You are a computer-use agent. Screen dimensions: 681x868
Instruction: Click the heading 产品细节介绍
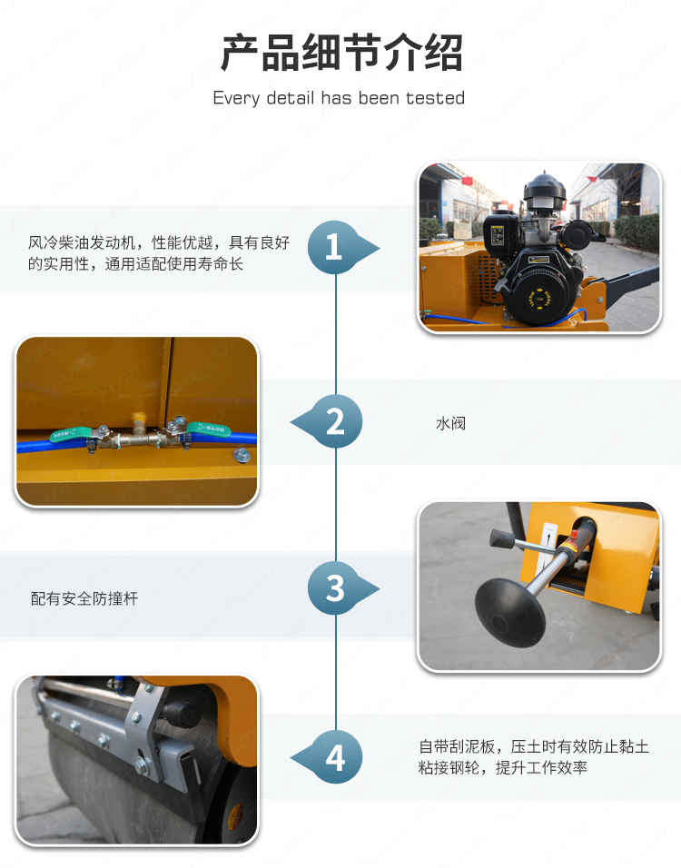click(341, 53)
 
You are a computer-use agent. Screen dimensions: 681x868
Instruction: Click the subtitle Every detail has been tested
click(339, 98)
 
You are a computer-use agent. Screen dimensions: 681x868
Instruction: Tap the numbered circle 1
click(334, 247)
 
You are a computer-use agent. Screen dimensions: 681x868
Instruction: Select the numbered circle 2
click(336, 422)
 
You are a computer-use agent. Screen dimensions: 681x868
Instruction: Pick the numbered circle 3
click(334, 587)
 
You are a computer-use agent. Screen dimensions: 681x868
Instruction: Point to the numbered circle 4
click(336, 757)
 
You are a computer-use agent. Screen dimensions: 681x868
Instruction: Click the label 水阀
click(450, 423)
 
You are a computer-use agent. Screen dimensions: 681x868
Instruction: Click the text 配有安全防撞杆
click(84, 598)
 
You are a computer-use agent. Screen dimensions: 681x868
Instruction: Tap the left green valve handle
click(71, 435)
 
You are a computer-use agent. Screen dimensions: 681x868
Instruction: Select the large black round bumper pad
click(510, 613)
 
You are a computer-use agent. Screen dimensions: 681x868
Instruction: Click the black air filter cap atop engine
click(544, 190)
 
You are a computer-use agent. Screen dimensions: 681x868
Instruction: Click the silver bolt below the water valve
click(242, 456)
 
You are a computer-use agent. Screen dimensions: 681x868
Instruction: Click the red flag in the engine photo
click(467, 181)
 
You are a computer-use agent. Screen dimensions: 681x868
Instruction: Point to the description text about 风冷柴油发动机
click(159, 253)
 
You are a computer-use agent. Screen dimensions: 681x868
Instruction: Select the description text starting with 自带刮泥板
click(534, 757)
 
